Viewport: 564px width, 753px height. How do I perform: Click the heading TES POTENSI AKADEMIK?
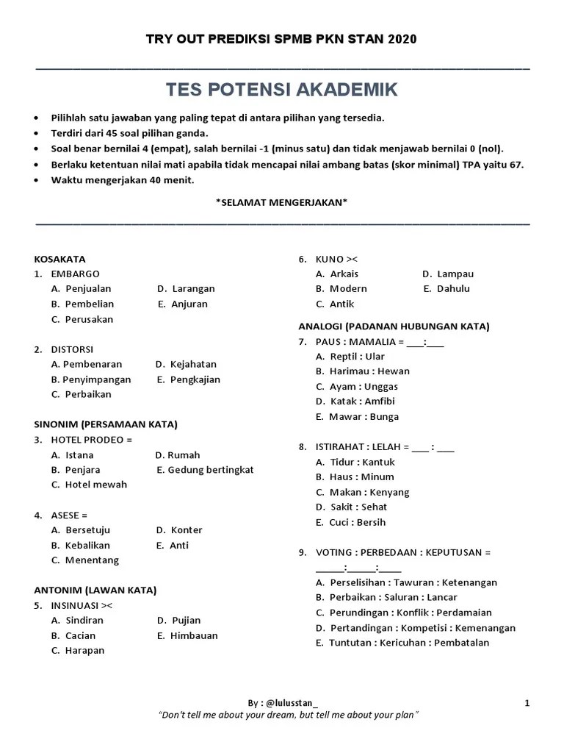(x=282, y=90)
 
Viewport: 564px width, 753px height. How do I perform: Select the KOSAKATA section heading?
(x=59, y=259)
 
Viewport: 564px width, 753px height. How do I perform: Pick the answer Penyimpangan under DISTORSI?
(x=96, y=379)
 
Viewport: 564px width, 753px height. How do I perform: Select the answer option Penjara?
(x=82, y=470)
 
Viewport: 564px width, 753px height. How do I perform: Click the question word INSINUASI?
(x=76, y=605)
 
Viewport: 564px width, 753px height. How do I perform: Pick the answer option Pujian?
(x=185, y=621)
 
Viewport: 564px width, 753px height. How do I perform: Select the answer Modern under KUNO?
(x=348, y=289)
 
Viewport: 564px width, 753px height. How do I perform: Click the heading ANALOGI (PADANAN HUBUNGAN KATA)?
(x=394, y=326)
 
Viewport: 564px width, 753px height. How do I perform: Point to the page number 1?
(x=527, y=703)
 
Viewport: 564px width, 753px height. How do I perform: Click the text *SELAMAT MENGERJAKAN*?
(x=282, y=202)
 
